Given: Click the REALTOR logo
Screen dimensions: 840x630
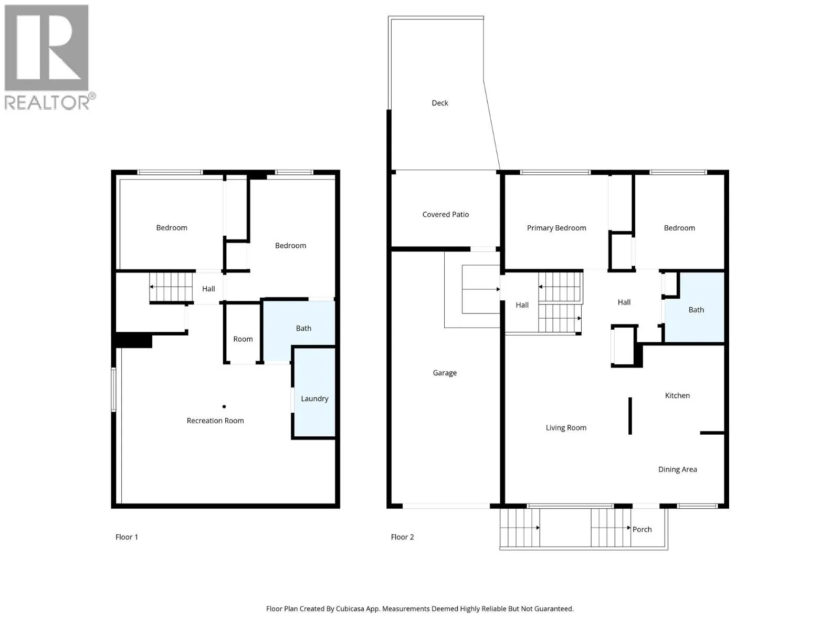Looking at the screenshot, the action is tap(50, 57).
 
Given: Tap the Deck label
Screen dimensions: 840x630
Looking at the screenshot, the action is tap(440, 103).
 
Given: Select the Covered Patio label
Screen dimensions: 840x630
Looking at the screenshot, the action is tap(445, 215).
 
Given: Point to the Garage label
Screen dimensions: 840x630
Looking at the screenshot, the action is tap(445, 373).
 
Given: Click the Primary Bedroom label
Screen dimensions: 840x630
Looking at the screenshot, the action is tap(556, 228).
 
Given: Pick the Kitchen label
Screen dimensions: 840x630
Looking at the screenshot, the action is tap(677, 395).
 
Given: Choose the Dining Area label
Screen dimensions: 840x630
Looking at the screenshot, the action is tap(678, 469).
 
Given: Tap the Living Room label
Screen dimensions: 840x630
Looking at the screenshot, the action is tap(566, 428).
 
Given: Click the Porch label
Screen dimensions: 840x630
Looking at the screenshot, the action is tap(642, 529).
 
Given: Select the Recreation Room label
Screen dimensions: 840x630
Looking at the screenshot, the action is tap(215, 421).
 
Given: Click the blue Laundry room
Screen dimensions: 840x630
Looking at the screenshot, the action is tap(314, 392).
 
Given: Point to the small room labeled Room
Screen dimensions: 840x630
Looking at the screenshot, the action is tap(243, 333).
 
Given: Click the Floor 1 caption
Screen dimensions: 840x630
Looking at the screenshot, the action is tap(127, 537).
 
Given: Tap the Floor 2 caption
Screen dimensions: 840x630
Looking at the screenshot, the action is tap(402, 537).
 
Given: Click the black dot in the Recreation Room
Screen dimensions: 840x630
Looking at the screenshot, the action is tap(224, 406).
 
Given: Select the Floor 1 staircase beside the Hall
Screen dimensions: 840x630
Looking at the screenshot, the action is tap(171, 287).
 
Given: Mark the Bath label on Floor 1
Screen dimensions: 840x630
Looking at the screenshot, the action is tap(303, 328).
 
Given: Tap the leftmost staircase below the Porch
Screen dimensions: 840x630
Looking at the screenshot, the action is tap(520, 528).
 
